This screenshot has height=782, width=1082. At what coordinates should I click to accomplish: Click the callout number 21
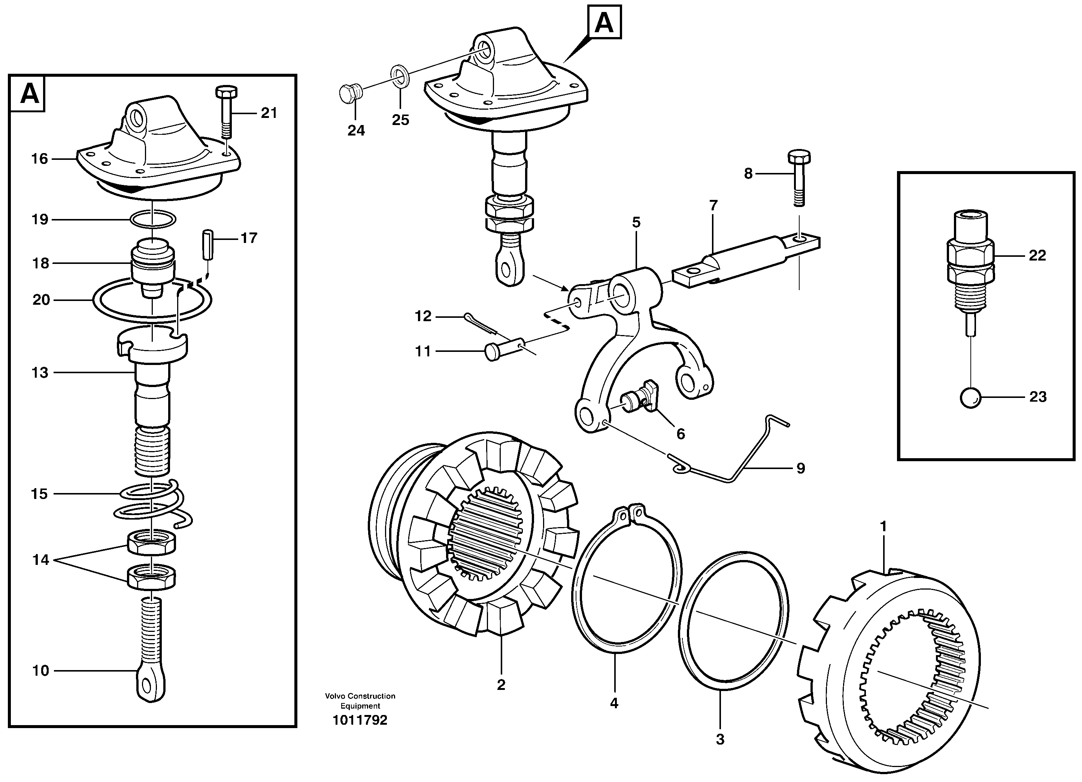point(269,113)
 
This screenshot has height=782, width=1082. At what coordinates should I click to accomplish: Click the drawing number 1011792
point(360,720)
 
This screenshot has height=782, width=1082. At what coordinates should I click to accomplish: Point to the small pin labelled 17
point(207,244)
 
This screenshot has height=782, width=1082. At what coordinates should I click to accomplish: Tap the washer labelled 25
point(399,76)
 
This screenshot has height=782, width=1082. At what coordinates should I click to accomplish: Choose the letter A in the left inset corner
point(29,94)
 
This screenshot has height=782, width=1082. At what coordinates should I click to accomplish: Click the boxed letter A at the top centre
point(604,22)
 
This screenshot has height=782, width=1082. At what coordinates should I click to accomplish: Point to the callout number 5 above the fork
point(636,222)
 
